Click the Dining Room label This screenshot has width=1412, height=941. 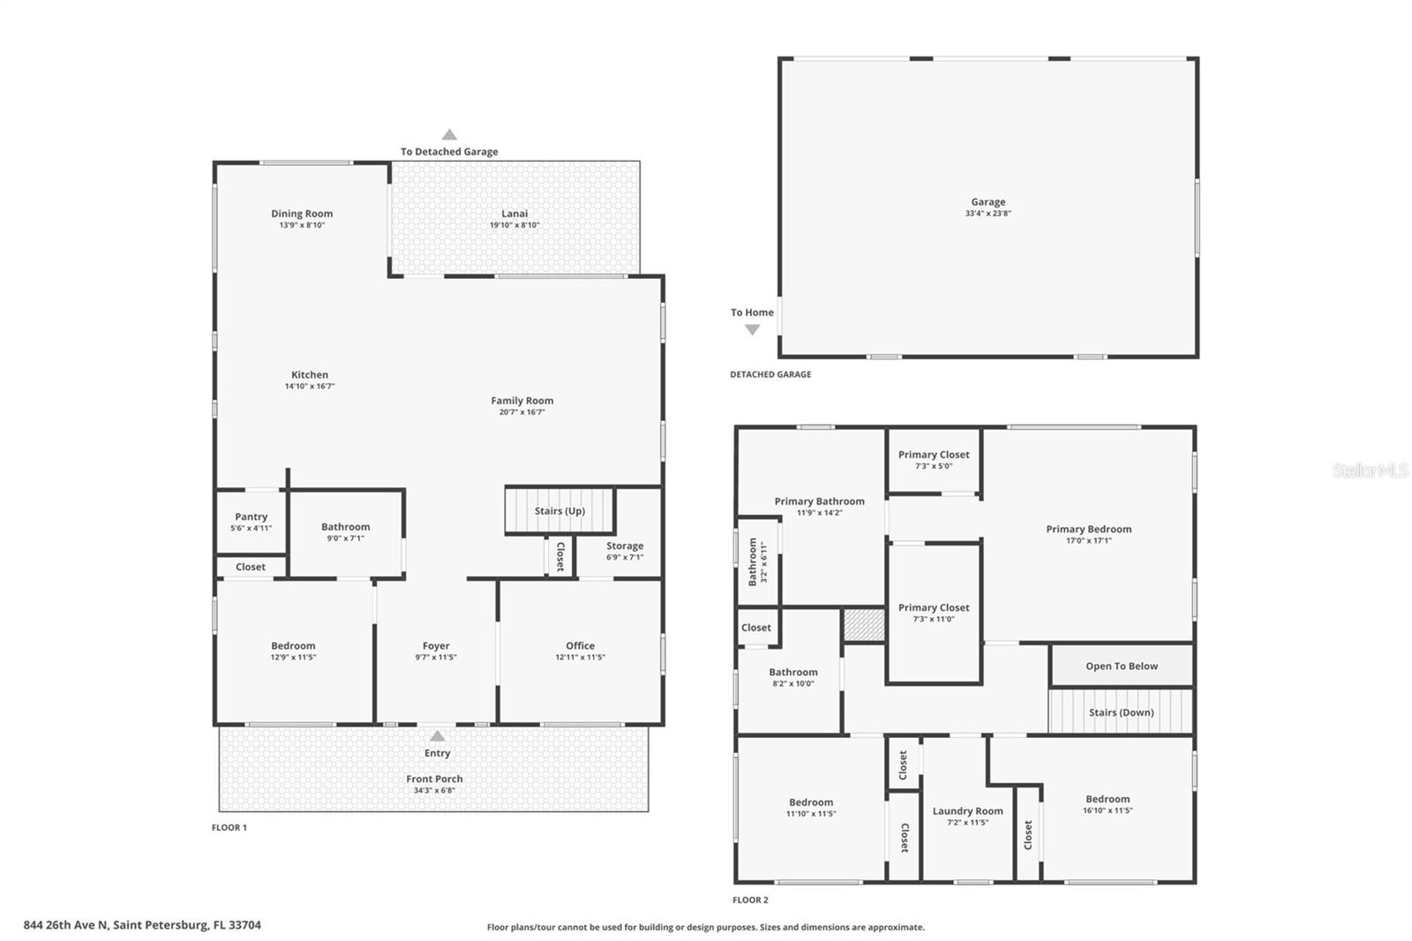[x=302, y=214]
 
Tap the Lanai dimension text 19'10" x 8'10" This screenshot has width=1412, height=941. [x=514, y=225]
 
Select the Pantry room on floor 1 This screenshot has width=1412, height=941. [x=251, y=522]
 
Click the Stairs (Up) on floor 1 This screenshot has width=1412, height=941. [x=560, y=511]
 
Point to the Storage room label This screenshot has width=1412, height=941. [x=624, y=546]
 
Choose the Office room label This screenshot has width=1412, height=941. [x=580, y=646]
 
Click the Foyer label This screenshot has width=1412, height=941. [x=436, y=646]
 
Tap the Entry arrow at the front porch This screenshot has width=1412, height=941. [x=437, y=736]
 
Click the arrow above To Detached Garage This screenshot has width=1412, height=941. [x=449, y=135]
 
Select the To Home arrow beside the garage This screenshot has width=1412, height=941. [x=752, y=329]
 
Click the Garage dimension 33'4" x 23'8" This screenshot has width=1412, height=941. [x=988, y=214]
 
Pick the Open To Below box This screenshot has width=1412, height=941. [x=1121, y=666]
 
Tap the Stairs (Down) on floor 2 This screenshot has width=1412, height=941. [x=1120, y=712]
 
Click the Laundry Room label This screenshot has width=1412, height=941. [x=967, y=811]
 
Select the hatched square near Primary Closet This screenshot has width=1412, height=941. [x=863, y=624]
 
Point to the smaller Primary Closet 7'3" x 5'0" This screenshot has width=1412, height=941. [x=934, y=460]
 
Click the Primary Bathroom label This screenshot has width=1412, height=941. [x=819, y=501]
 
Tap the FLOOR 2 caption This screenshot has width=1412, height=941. [x=750, y=900]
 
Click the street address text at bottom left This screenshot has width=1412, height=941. [x=142, y=925]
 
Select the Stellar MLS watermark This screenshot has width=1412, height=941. [x=1370, y=470]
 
